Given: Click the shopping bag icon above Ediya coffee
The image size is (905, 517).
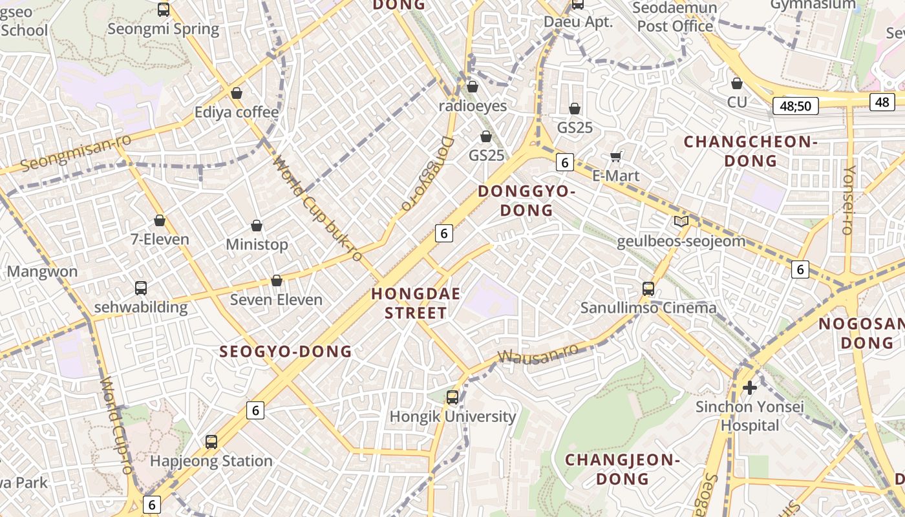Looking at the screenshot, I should coord(237,93).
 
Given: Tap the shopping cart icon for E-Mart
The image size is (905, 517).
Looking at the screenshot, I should coord(616,156).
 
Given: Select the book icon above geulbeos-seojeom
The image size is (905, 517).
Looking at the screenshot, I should coord(681,222).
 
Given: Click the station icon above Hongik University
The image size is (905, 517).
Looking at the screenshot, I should coord(452,397).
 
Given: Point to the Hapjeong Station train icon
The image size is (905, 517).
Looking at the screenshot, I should coord(211,442).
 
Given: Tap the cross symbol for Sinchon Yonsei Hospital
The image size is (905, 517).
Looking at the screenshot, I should coord(750,388).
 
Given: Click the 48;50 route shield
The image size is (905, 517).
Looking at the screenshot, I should coord(795,106).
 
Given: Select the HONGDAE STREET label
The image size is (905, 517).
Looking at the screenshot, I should coord(416,304).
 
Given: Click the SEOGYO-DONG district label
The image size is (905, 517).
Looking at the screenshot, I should coord(286,352).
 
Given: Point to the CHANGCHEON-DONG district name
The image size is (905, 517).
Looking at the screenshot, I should coord(751,151).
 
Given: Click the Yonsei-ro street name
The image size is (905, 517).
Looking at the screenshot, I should coord(849,200).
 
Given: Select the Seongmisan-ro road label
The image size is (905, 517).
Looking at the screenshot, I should coord(76,153).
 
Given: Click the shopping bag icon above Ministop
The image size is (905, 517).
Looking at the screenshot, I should coord(257,226).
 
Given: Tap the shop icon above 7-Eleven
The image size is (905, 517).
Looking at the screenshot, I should coord(160,220).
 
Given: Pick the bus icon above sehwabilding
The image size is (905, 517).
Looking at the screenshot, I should coord(140,288).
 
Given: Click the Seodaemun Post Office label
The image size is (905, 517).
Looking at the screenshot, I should coord(675,17).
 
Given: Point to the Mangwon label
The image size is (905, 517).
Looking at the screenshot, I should coord(42,271).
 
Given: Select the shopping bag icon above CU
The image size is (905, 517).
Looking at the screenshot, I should coord(736,83).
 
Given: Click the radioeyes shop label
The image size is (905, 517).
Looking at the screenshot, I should coord(473,105).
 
